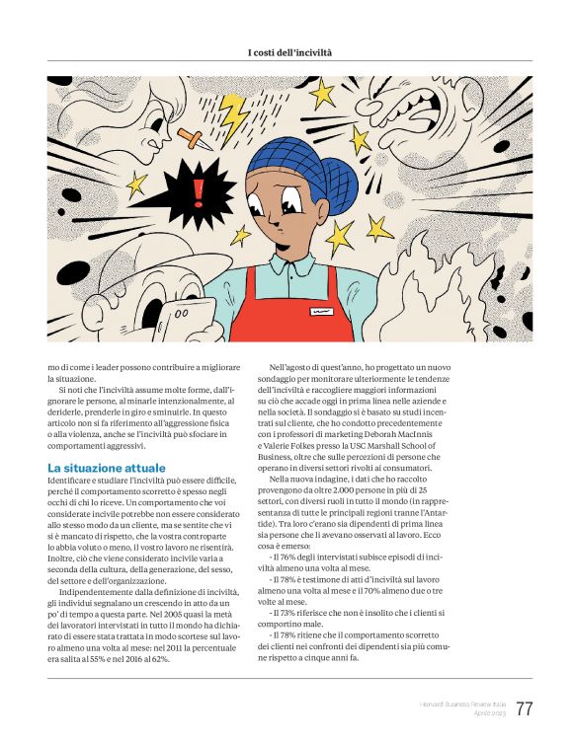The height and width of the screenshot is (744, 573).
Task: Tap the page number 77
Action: click(x=524, y=709)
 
